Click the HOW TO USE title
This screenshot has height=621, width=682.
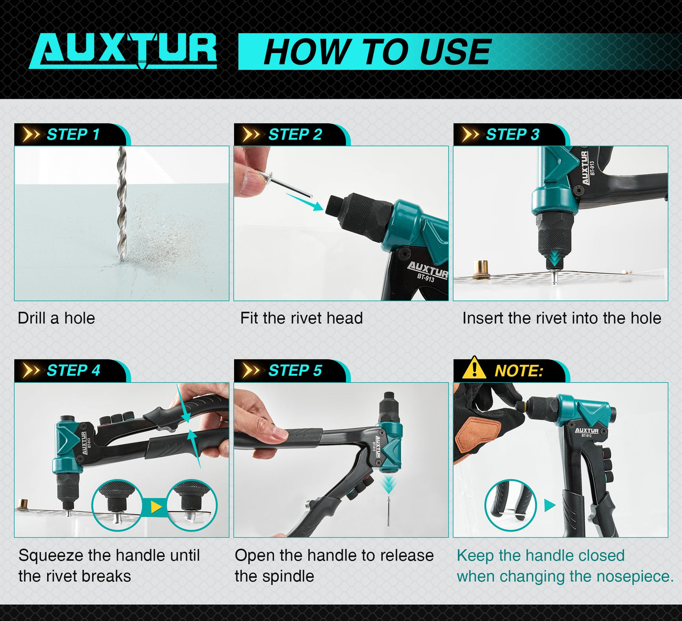[377, 52]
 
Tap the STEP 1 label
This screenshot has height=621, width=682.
[73, 135]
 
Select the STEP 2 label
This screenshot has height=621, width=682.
[295, 135]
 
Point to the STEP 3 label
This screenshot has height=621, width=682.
[512, 135]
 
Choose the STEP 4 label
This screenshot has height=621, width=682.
[73, 371]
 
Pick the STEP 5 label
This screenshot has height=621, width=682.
[295, 371]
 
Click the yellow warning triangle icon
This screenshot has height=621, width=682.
[474, 369]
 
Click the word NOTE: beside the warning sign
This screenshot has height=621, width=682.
[519, 371]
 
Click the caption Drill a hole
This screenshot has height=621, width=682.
[56, 318]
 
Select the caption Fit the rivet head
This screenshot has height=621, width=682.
[301, 318]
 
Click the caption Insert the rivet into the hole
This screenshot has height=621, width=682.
[562, 318]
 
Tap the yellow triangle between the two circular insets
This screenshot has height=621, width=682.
[155, 508]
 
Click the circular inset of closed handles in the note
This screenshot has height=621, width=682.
[510, 506]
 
